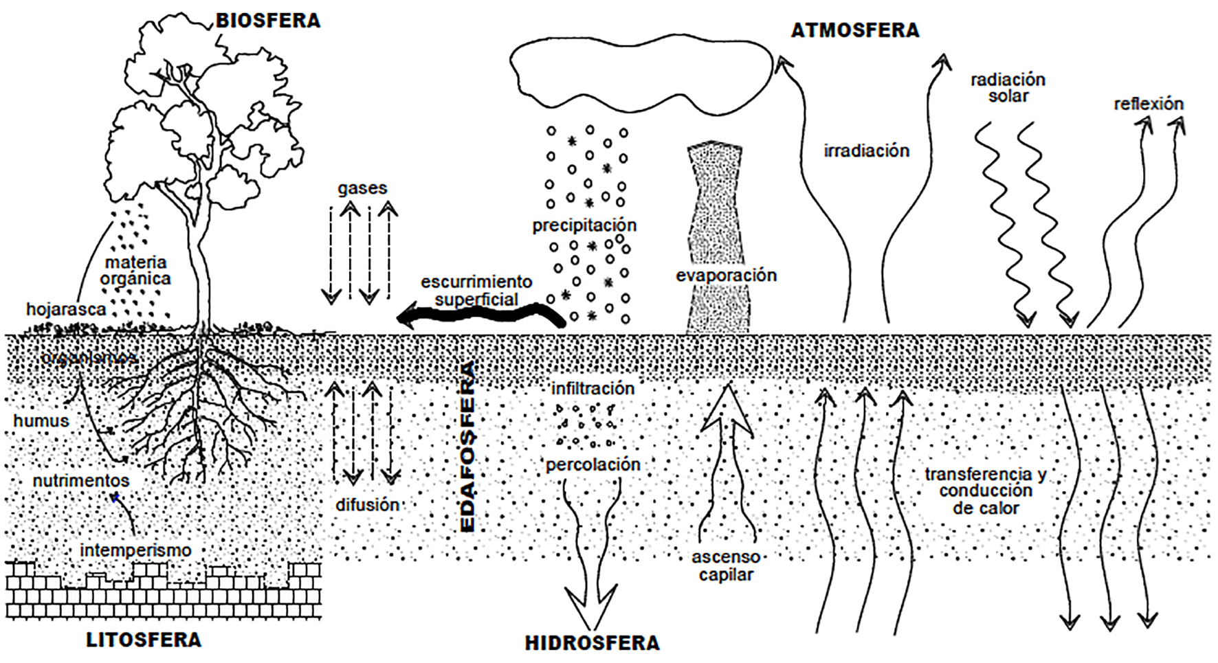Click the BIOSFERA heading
pos(268,21)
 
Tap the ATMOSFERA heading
pos(854,30)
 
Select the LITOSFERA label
pos(144,640)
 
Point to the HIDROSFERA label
pos(592,643)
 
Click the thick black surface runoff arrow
pos(481,316)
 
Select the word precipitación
pos(584,225)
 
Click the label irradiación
pos(866,150)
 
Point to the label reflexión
pos(1149,104)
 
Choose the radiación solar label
pos(1008,87)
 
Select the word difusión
pos(367,505)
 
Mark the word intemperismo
pos(135,550)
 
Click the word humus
pos(41,420)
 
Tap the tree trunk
pos(199,275)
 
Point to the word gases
pos(362,188)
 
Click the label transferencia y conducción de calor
pos(986,491)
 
